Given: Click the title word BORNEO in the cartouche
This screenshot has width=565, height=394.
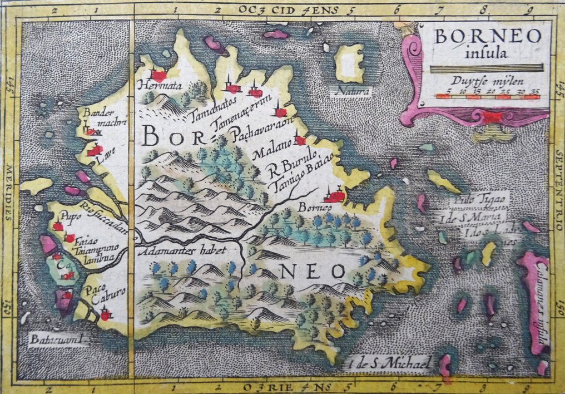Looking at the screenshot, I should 488,36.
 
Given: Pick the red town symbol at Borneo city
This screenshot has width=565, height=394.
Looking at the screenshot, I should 335,195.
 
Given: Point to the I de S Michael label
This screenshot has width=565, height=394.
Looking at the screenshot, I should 388,365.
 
